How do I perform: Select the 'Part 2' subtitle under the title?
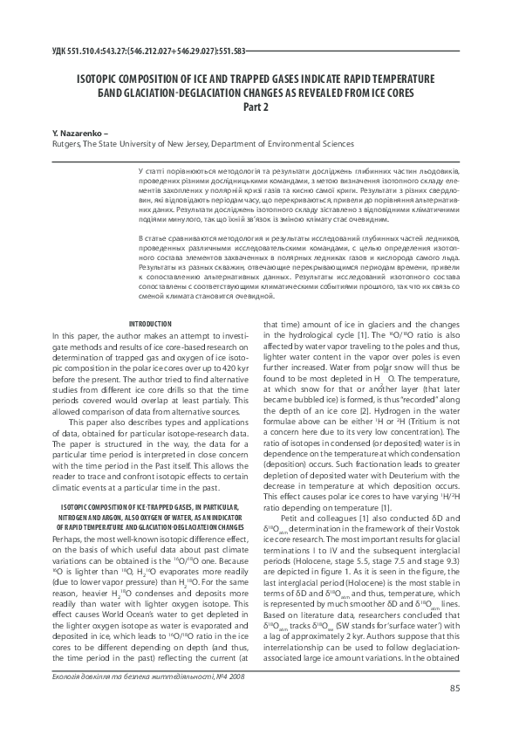(260, 107)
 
